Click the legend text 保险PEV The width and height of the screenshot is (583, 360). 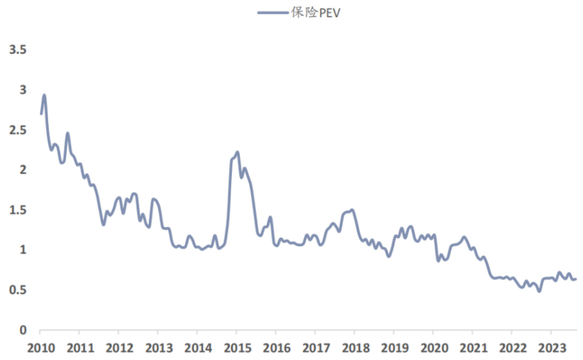coord(316,13)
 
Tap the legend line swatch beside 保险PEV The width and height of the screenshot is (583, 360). coord(273,13)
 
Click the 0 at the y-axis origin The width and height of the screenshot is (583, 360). coord(23,330)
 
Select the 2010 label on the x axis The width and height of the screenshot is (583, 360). coord(41,347)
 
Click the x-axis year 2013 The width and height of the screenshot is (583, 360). coord(158,347)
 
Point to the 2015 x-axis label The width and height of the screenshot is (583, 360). coord(236,347)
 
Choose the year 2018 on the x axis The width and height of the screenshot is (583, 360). coord(354,347)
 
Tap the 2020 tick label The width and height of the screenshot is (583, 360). coord(432,347)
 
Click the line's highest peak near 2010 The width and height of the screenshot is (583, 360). coord(44,95)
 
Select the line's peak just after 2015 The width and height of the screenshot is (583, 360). coord(237,152)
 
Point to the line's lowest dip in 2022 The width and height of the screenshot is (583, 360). coord(539,291)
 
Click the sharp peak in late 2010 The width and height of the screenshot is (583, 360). coord(67,133)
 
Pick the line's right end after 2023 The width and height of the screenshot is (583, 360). coord(576,279)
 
